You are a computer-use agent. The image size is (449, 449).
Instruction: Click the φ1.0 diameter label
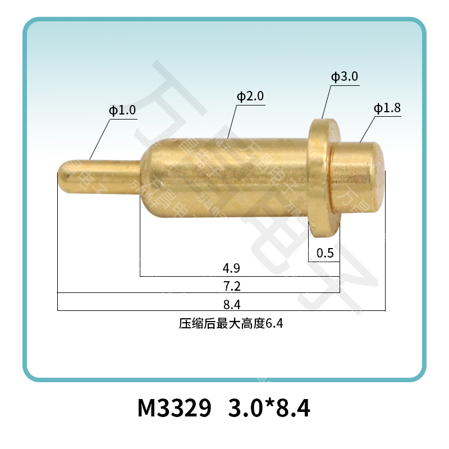pos(122,111)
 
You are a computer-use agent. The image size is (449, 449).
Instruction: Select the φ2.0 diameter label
pos(250,97)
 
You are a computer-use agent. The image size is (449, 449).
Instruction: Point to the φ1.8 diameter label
pos(387,108)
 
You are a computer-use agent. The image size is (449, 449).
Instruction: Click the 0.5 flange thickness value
pos(325,253)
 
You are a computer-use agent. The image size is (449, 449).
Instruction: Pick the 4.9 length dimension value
pos(232,268)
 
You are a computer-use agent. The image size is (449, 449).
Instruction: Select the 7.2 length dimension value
pos(232,286)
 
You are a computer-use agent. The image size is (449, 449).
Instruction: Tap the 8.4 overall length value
pos(232,305)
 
